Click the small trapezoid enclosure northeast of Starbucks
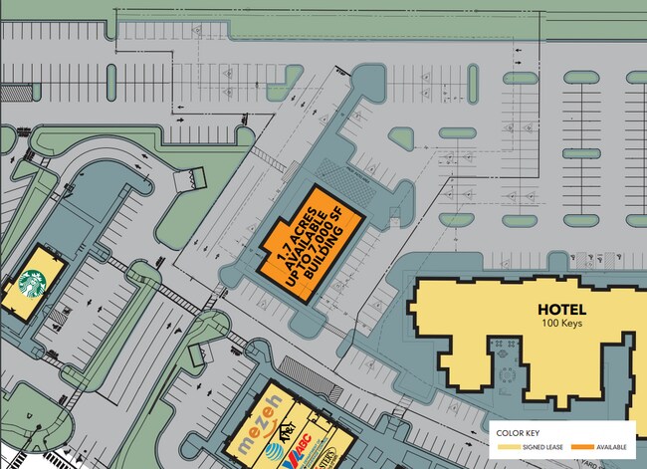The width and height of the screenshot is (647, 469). point(187,179)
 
